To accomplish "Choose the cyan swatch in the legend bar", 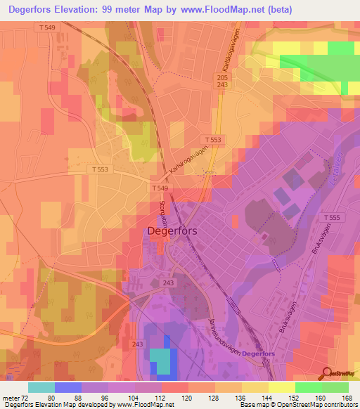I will pyautogui.click(x=41, y=387).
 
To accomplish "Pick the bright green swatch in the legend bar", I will pyautogui.click(x=308, y=387).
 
